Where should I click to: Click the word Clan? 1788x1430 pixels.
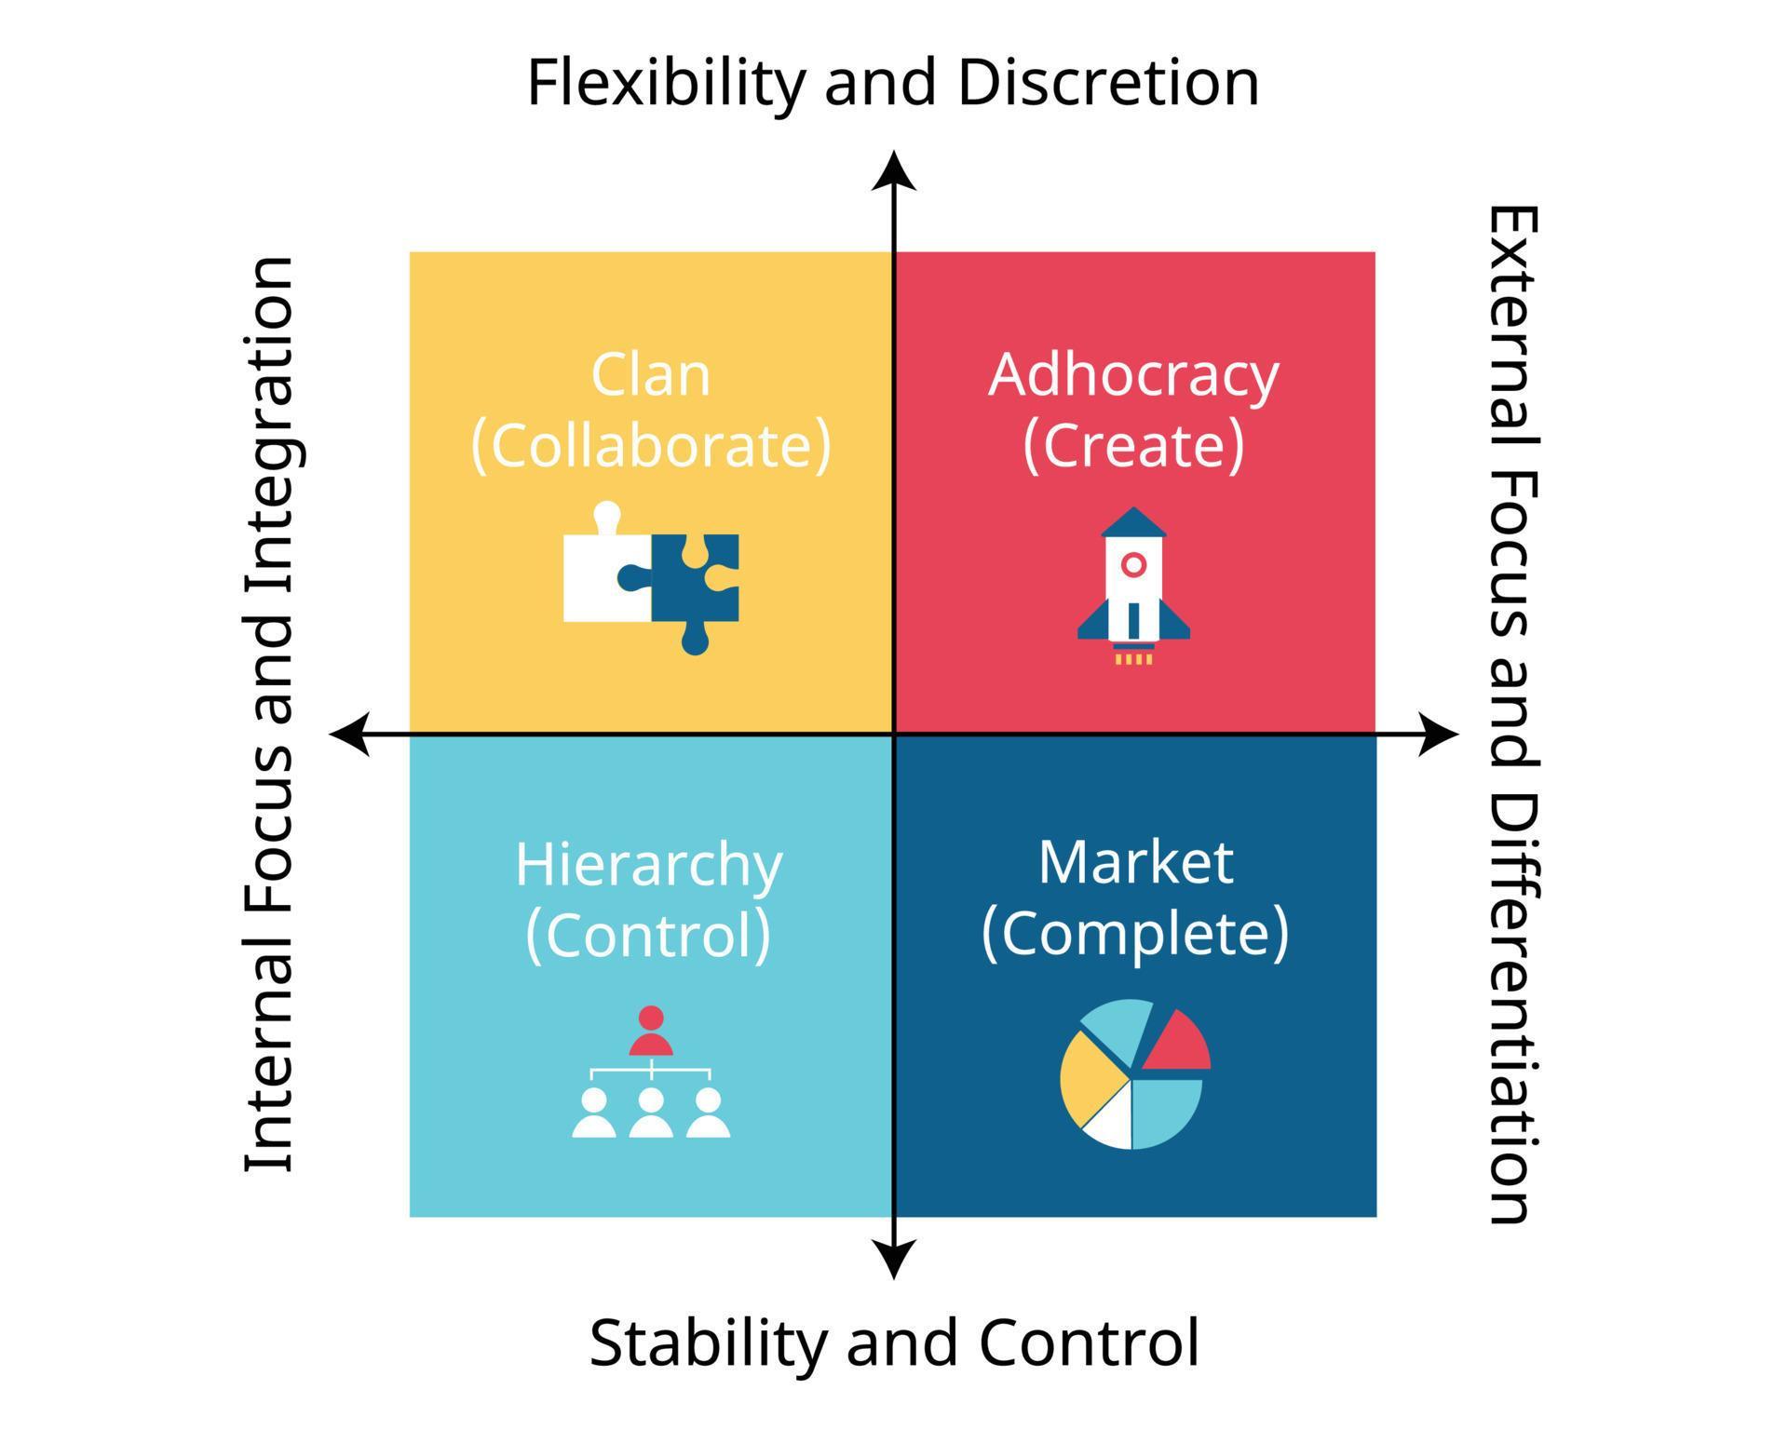650,375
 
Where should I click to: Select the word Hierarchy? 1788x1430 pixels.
648,865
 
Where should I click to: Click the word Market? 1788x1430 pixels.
1135,862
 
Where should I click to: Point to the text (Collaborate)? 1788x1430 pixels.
650,446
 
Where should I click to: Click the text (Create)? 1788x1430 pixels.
1133,446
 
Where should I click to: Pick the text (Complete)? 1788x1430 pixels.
1135,933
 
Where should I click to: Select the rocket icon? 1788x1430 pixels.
1133,582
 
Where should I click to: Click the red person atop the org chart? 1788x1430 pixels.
651,1032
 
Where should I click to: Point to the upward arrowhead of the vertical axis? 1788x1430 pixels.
894,171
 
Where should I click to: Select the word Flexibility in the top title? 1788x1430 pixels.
666,83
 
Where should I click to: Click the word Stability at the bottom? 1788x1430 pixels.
708,1343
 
